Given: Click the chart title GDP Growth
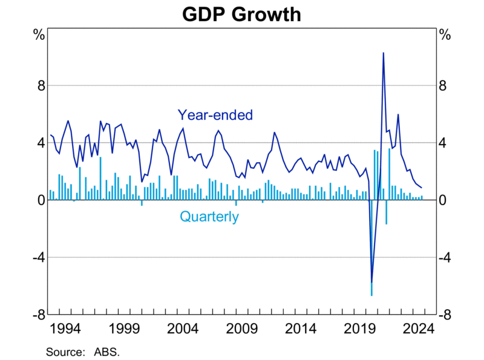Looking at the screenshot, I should click(x=242, y=13).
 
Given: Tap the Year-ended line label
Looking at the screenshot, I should click(x=214, y=115).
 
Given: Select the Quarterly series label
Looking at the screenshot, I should click(x=209, y=217).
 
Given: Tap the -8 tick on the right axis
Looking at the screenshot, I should click(x=446, y=315).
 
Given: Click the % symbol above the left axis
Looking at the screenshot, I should click(x=39, y=34).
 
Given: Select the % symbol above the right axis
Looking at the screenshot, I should click(x=445, y=34).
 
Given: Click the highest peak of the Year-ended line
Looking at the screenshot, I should click(x=383, y=53).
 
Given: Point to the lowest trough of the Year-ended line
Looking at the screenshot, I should click(x=371, y=282).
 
